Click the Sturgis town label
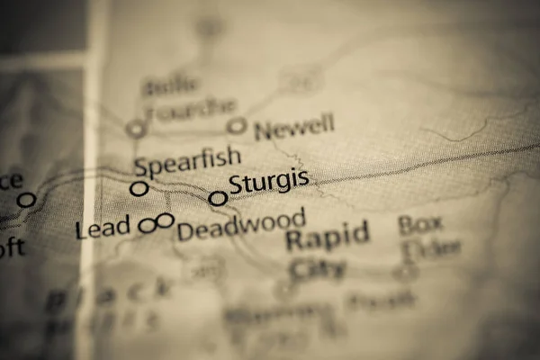pos(268,183)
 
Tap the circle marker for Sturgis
pos(218,198)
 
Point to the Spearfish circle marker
pos(139,188)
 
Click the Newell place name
pos(294,128)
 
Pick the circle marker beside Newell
pos(237,127)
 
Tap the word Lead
pos(103,229)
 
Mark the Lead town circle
pos(148,226)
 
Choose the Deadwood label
pos(240,225)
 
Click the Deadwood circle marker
pos(166,220)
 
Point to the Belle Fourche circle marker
pos(136,129)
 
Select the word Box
pos(421,223)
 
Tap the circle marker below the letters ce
pos(27,200)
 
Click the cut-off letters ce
pos(11,180)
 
